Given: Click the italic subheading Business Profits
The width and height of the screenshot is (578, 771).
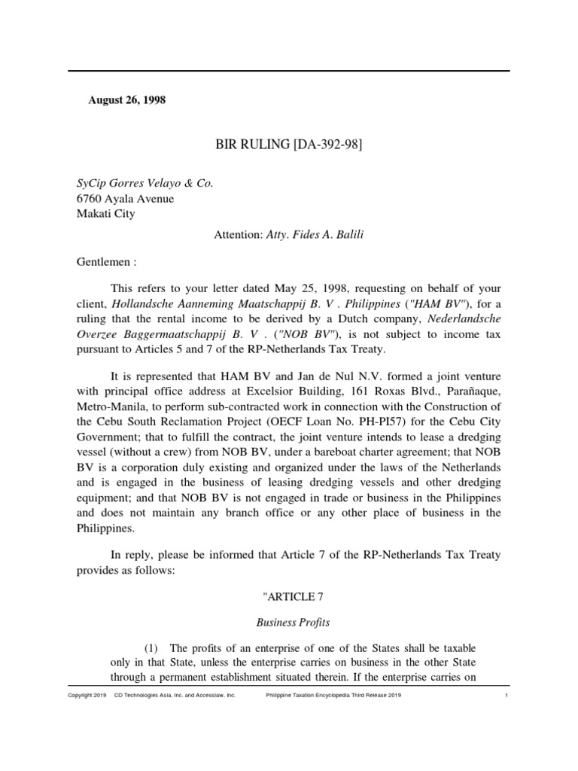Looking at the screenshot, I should [289, 623].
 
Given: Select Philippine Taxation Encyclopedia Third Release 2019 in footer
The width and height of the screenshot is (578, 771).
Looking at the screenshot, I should [333, 696].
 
